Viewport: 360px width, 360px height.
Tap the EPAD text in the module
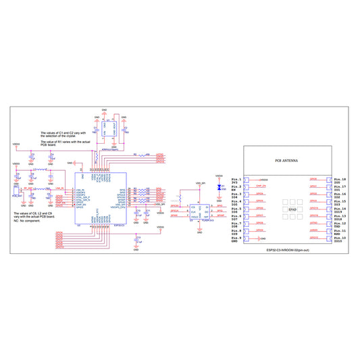coord(292,210)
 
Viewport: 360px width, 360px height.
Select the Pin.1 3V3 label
coord(236,180)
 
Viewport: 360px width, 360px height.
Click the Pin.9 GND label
coord(235,239)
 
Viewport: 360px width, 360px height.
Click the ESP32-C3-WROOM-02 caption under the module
coord(288,249)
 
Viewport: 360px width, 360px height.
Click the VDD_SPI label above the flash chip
coord(200,183)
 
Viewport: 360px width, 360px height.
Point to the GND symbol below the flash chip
coord(199,231)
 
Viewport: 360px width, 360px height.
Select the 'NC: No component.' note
coord(30,221)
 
